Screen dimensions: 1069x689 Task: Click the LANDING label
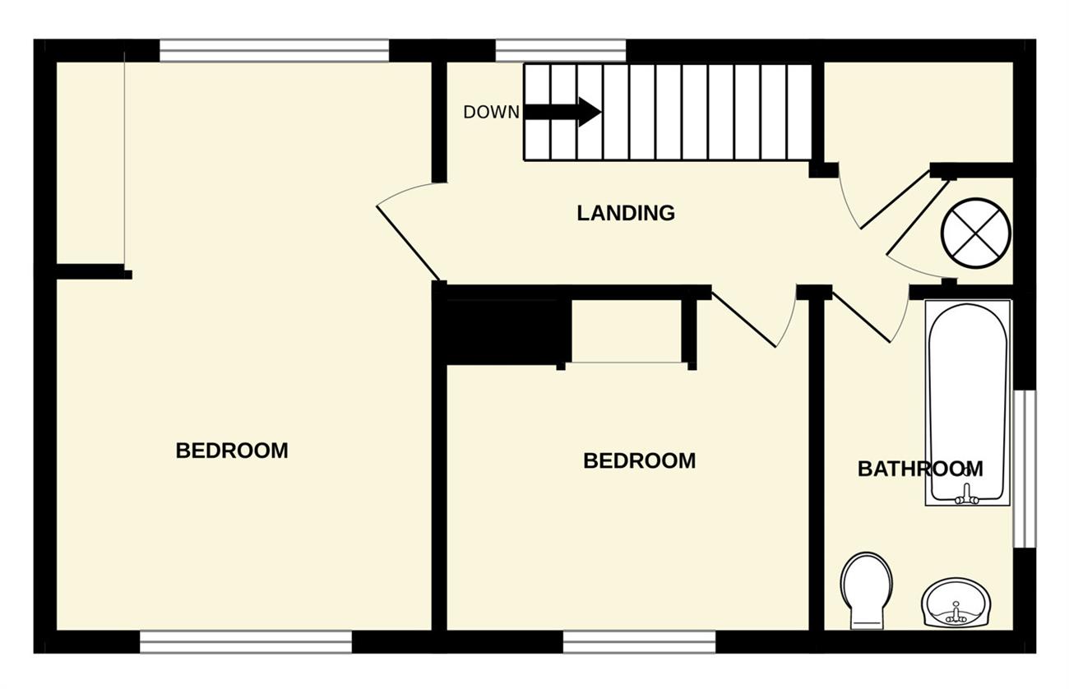tap(626, 213)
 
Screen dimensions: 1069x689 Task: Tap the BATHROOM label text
tap(920, 469)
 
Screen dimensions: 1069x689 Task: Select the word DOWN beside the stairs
tap(491, 112)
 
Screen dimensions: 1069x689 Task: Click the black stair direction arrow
tap(562, 112)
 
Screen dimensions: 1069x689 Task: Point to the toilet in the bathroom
tap(867, 590)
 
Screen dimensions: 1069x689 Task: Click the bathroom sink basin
tap(956, 603)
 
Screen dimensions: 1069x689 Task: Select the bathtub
tap(968, 403)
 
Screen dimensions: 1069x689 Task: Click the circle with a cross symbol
tap(976, 234)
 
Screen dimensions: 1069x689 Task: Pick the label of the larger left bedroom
tap(232, 451)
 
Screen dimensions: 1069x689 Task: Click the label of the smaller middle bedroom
tap(640, 461)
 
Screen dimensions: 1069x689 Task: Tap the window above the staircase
tap(561, 51)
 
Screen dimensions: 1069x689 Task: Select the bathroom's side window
tap(1025, 469)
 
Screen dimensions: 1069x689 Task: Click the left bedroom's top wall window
tap(275, 51)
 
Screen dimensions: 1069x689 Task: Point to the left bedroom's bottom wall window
tap(246, 642)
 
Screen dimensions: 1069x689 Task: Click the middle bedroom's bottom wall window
tap(640, 642)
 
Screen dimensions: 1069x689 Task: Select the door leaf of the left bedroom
tap(408, 243)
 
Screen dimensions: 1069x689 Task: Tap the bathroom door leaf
tap(862, 317)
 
